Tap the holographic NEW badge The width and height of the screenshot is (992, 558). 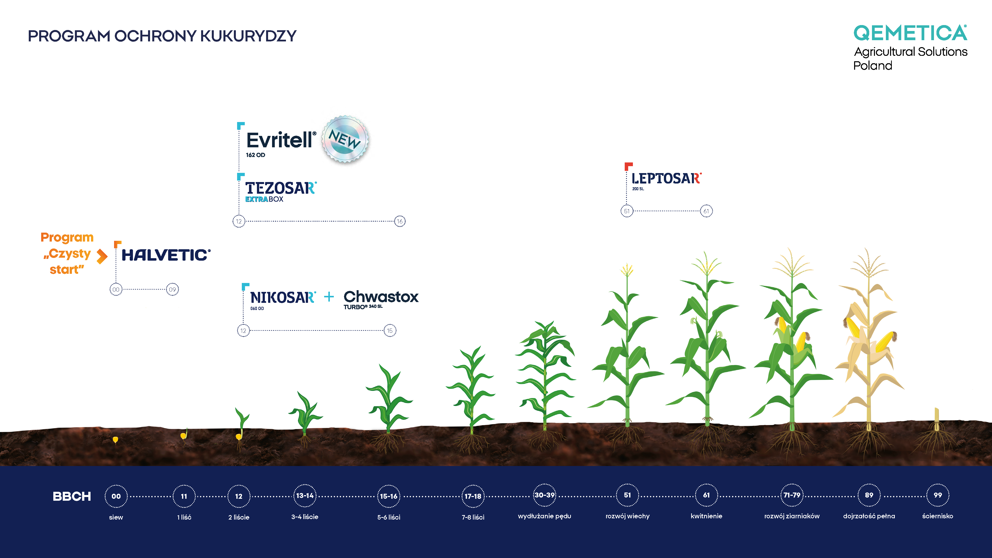coord(345,139)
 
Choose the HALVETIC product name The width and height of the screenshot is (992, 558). coord(166,255)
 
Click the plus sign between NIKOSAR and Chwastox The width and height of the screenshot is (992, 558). coord(329,297)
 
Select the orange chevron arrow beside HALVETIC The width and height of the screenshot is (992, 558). coord(102,256)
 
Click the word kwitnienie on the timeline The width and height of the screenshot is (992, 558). coord(706,516)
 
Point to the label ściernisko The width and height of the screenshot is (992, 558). coord(938,516)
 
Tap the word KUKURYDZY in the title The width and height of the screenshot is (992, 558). coord(248,36)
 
